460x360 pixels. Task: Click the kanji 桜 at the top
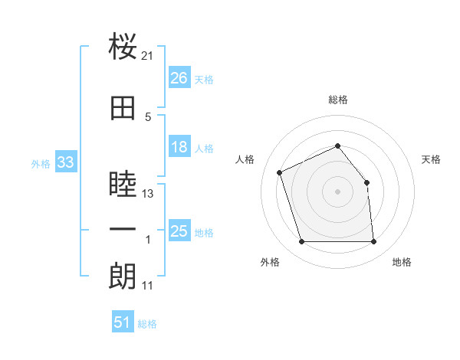(123, 46)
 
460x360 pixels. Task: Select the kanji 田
(123, 108)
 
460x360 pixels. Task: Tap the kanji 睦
(123, 183)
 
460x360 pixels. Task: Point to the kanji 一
(123, 229)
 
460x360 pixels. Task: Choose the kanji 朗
(123, 276)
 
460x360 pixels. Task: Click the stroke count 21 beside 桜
(147, 56)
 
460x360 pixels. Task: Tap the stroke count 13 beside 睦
(147, 194)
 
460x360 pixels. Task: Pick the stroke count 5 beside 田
(148, 117)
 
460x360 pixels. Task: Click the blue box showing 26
(179, 77)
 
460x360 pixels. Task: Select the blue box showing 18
(179, 146)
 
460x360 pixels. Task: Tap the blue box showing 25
(179, 230)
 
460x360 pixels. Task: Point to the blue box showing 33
(66, 162)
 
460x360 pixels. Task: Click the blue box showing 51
(123, 321)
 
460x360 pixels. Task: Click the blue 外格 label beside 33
(41, 164)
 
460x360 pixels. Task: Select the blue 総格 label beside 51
(147, 324)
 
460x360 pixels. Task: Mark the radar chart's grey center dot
(337, 191)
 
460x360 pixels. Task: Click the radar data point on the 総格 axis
(337, 146)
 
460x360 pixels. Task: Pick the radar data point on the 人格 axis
(280, 172)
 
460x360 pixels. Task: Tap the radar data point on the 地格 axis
(373, 241)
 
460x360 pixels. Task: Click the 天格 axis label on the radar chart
(431, 159)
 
